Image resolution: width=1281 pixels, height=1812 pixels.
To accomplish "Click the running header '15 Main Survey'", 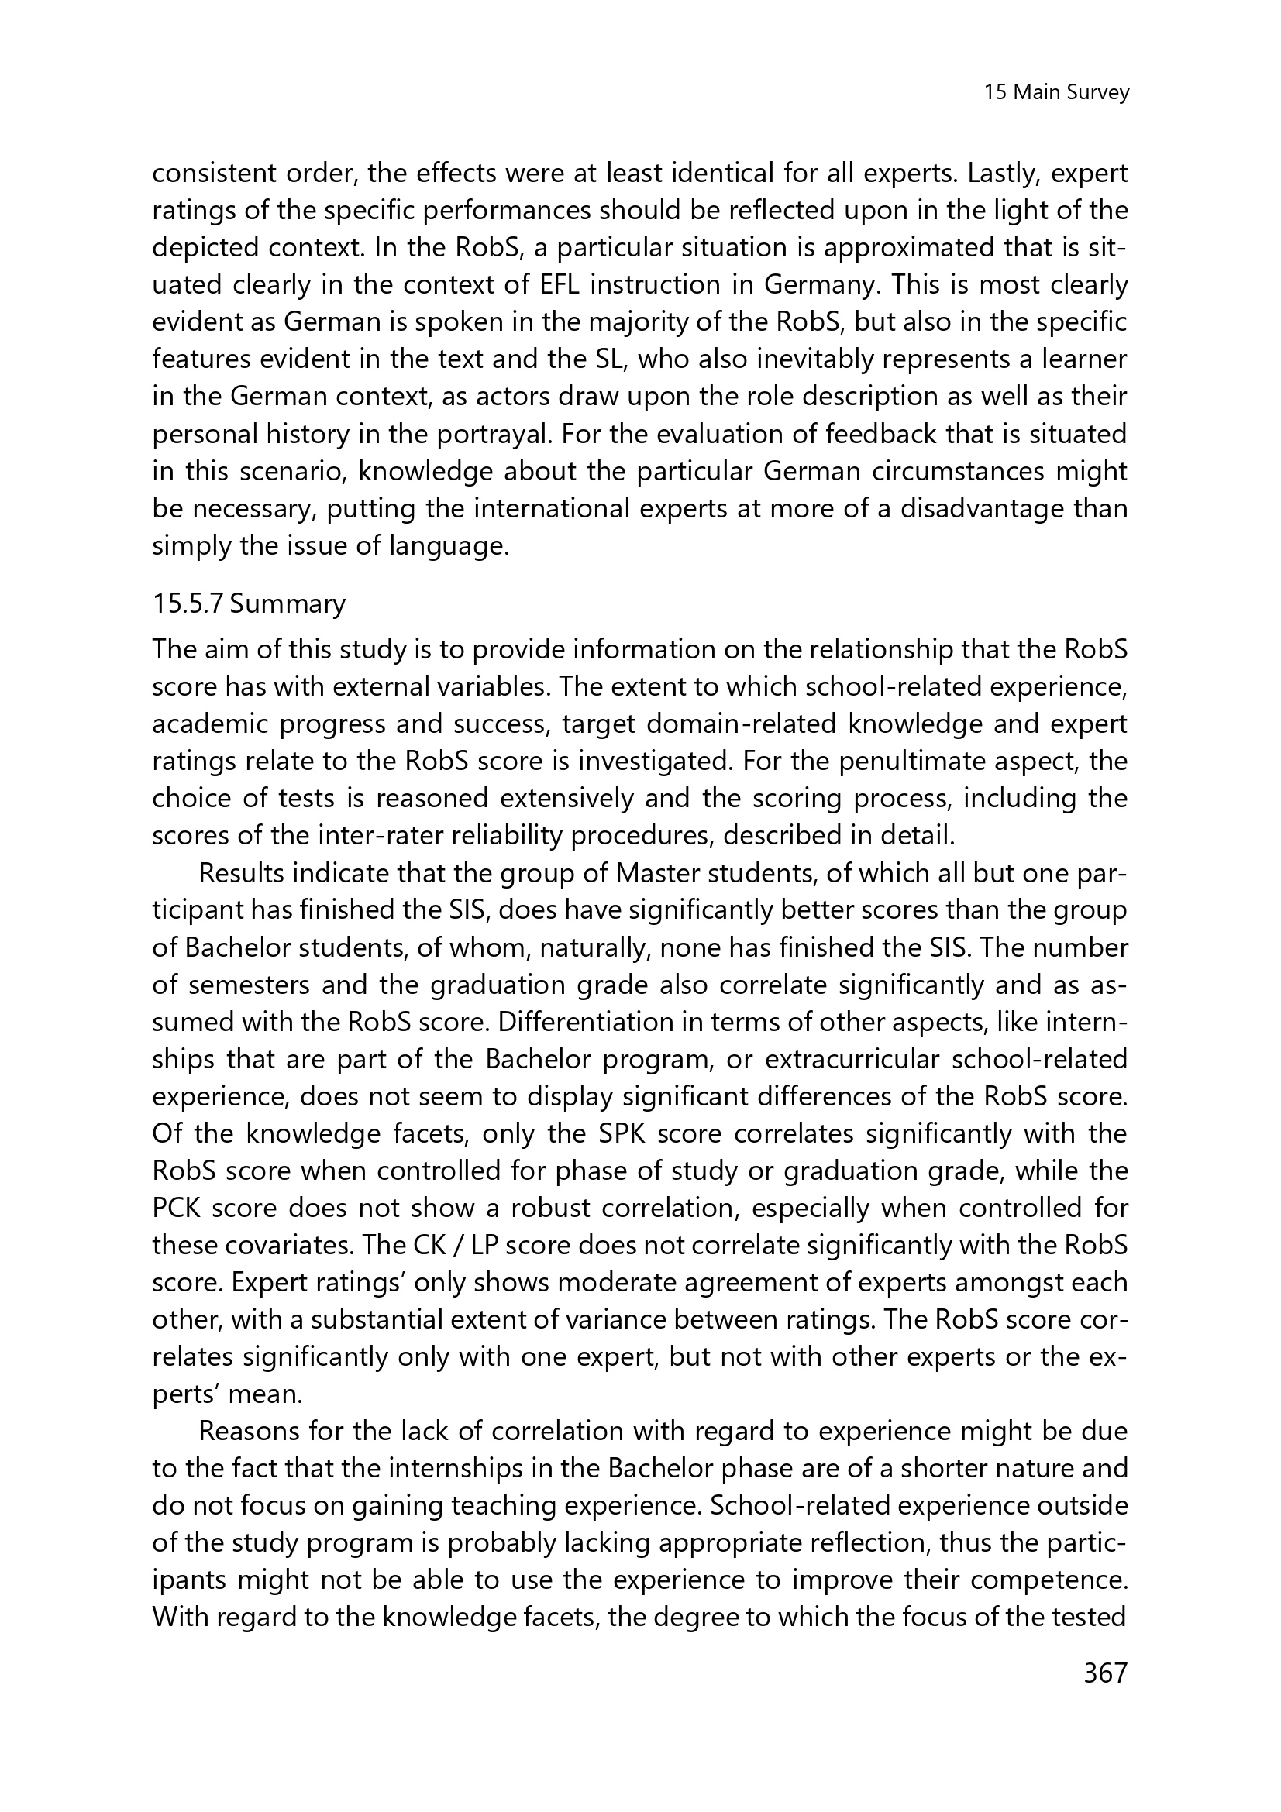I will (1056, 93).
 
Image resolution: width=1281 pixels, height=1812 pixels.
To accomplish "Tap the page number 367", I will (1106, 1693).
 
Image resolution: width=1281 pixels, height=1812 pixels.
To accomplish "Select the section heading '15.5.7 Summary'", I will (249, 603).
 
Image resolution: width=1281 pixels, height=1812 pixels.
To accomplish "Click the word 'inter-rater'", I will (416, 836).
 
